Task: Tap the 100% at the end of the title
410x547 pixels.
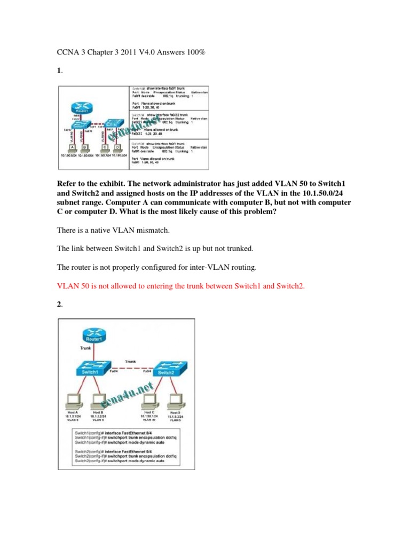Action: [195, 52]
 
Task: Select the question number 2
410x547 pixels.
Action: [59, 304]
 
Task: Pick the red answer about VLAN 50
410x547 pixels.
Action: [180, 286]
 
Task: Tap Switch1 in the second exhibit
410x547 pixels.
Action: [90, 369]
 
